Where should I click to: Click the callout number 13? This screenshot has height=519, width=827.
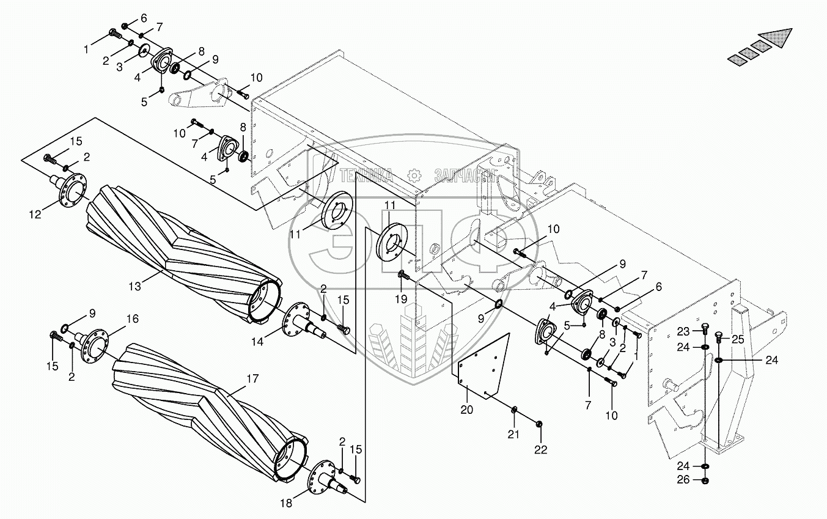click(134, 285)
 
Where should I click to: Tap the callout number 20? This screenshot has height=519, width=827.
click(467, 410)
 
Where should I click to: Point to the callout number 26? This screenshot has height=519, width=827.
click(683, 480)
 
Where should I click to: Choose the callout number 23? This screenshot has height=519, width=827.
click(683, 331)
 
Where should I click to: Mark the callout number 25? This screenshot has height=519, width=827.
click(738, 339)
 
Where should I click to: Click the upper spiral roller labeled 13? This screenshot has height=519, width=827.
click(183, 257)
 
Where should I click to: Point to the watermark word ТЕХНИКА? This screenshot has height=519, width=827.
click(366, 175)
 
